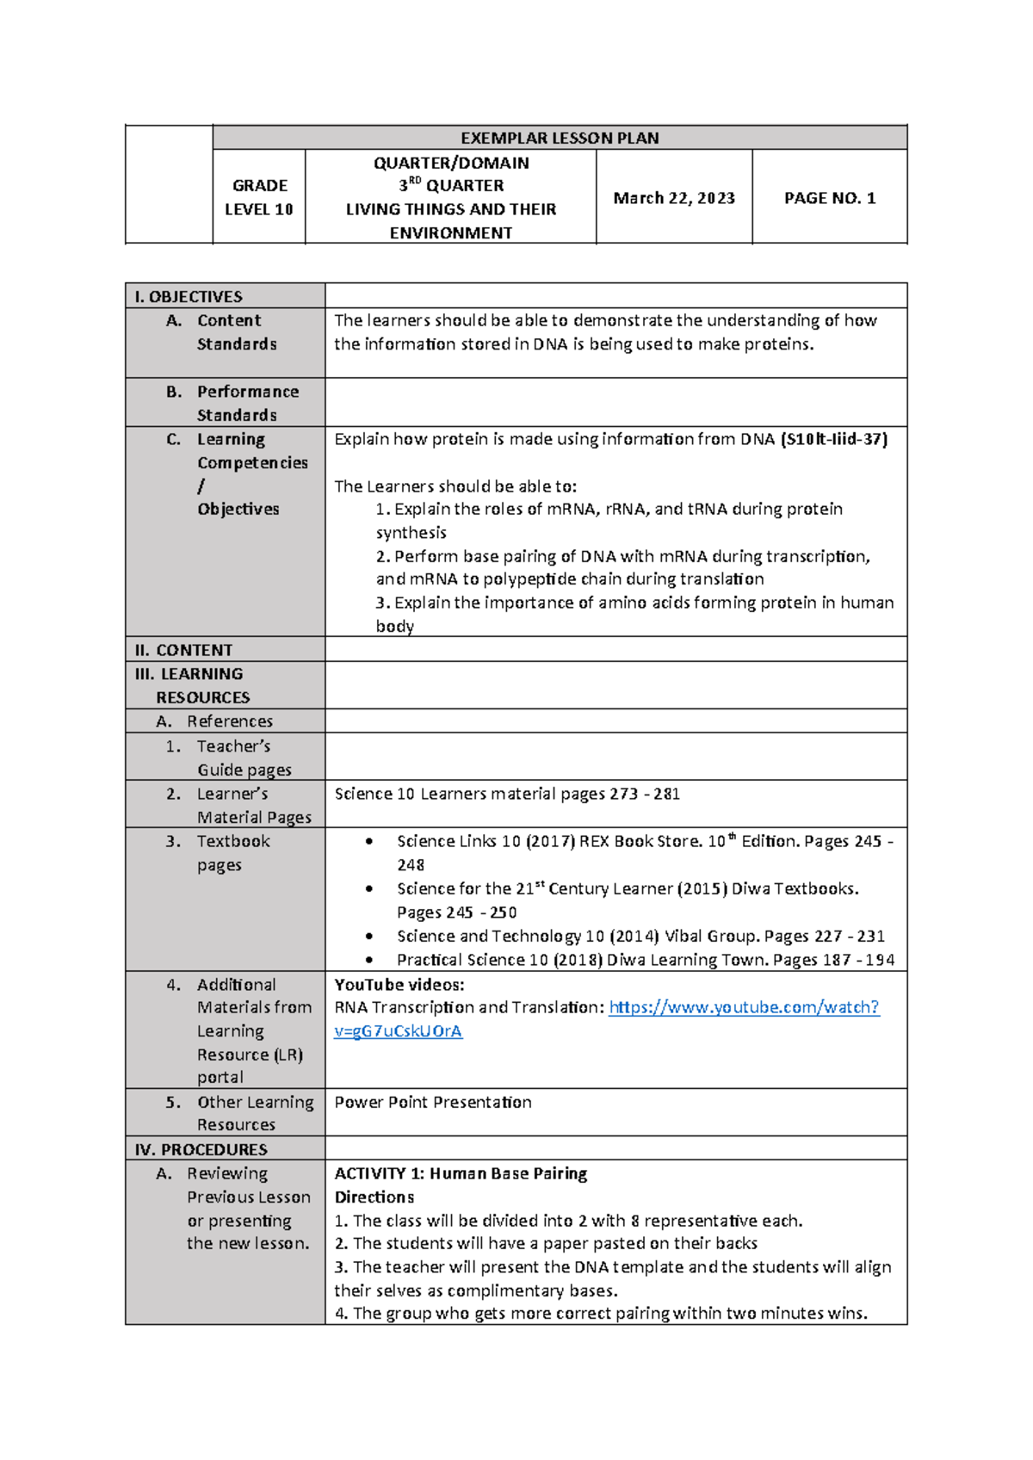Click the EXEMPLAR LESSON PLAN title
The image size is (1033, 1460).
(560, 138)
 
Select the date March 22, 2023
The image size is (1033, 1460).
(674, 198)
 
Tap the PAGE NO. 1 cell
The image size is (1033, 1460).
(830, 198)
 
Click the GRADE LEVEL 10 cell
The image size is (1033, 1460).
(259, 197)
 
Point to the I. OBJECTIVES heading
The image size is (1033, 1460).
(189, 297)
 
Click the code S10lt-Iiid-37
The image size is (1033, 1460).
(833, 439)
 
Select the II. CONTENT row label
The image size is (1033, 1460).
(183, 651)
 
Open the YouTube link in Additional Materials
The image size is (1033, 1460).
(744, 1007)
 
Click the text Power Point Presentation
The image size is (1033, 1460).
(433, 1103)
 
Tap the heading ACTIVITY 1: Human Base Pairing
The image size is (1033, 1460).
(461, 1173)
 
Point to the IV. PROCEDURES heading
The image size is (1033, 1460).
(201, 1150)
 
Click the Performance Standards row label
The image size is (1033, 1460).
(247, 403)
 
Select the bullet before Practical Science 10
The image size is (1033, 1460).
(369, 960)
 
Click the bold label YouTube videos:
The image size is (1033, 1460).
(399, 985)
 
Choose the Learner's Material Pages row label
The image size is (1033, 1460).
(253, 806)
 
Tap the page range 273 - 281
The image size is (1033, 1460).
(644, 795)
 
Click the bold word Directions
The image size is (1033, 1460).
(374, 1197)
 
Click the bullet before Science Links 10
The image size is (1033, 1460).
(369, 841)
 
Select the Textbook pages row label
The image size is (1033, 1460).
(232, 853)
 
